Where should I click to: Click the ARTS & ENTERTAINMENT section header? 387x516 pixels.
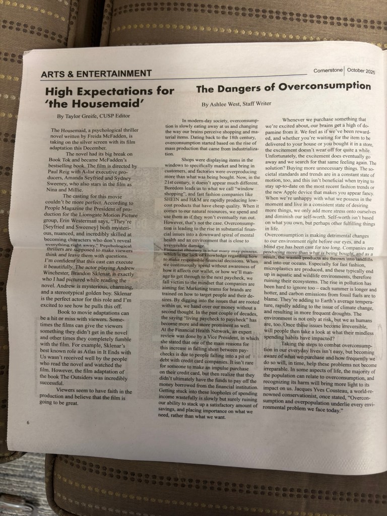96,74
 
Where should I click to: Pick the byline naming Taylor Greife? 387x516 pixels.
95,116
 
